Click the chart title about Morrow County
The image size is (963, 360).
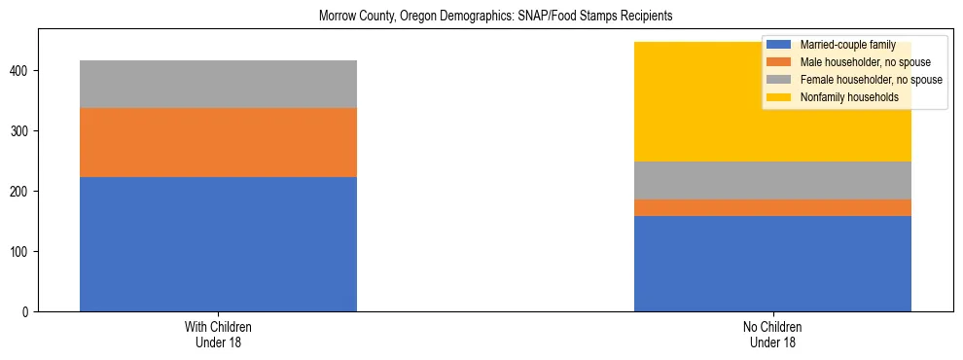point(495,17)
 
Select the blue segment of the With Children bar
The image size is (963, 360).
point(218,244)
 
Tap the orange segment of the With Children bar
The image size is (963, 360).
point(218,142)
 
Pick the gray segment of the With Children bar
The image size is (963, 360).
point(218,84)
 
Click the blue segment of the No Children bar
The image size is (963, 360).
point(772,264)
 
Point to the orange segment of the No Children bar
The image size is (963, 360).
point(772,207)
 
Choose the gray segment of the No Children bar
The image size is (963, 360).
point(772,180)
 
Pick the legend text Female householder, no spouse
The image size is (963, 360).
point(870,80)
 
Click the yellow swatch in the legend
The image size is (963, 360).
point(779,97)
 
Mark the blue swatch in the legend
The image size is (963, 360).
point(779,45)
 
